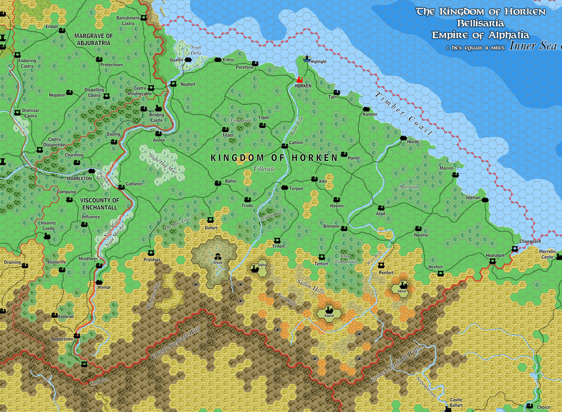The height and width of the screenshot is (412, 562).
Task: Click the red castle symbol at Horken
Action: point(299,80)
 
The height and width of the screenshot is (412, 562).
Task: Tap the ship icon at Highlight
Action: point(307,59)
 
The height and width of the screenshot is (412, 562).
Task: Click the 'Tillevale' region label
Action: point(264,169)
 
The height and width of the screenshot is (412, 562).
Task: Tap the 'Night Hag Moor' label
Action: point(163,164)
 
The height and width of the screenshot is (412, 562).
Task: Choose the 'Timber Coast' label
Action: point(404,113)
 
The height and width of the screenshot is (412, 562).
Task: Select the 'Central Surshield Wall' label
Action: point(176,343)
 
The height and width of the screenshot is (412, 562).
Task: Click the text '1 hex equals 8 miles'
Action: point(476,48)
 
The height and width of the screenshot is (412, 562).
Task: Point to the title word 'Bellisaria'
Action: point(480,23)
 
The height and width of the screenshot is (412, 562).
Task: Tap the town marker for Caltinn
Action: point(285,146)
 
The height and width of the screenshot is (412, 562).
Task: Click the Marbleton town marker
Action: point(92,171)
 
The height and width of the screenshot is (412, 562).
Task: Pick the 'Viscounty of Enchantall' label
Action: point(100,204)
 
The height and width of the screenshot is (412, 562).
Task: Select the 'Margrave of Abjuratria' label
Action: point(93,39)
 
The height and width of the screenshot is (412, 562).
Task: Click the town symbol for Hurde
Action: point(403,138)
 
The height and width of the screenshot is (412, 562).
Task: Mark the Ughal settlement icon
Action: point(255,269)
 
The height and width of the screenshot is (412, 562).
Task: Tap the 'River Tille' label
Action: point(297,126)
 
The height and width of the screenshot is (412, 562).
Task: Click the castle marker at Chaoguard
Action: point(515,249)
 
